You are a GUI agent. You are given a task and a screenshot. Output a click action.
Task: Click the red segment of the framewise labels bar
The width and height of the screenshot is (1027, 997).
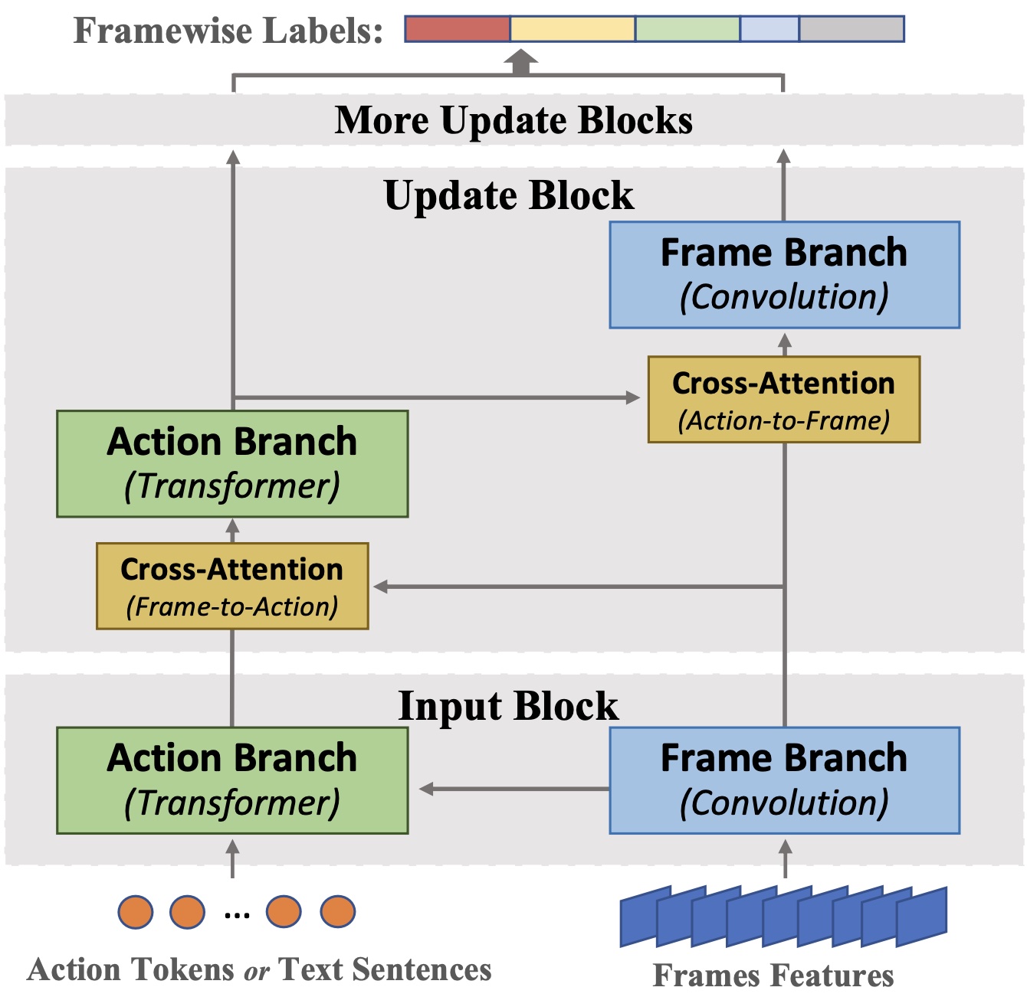457,29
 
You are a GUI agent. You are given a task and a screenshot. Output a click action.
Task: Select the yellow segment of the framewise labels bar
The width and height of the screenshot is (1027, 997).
572,29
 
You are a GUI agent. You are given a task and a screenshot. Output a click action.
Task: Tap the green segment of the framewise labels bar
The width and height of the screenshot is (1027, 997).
687,29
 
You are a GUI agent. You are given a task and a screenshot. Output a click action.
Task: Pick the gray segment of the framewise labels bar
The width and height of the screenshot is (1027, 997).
851,29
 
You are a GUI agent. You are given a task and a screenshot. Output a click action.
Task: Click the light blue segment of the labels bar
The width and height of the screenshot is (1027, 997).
769,29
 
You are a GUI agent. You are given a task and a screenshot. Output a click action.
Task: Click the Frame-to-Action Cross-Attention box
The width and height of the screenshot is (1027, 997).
232,586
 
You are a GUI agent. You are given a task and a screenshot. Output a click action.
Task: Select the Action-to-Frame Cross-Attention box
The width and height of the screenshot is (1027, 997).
784,399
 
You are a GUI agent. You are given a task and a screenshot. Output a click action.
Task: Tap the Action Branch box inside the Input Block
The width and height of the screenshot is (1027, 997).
232,780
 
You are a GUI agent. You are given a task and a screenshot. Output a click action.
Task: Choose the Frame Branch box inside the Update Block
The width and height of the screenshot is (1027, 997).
784,275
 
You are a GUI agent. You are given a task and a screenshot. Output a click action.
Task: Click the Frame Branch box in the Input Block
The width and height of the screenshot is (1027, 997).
784,780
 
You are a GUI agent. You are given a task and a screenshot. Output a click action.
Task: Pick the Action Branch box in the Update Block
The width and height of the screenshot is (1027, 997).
232,463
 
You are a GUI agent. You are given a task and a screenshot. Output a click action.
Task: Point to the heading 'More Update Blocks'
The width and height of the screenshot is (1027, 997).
513,121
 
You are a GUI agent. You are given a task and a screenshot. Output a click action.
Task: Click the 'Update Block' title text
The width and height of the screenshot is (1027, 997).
509,195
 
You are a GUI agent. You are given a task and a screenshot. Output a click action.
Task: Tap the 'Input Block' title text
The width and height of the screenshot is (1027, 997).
508,705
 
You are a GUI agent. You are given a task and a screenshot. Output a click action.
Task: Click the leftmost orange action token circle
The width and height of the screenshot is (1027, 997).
136,911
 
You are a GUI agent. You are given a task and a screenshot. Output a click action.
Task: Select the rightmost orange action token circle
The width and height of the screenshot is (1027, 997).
338,911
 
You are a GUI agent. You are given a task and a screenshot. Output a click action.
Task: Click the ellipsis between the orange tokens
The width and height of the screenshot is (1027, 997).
237,916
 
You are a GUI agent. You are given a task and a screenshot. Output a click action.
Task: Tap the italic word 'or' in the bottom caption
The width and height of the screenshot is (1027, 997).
256,971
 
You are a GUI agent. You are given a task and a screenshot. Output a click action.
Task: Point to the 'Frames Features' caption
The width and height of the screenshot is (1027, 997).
773,975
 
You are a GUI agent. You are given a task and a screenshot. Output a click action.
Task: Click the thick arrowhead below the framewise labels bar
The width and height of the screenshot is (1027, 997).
521,62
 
